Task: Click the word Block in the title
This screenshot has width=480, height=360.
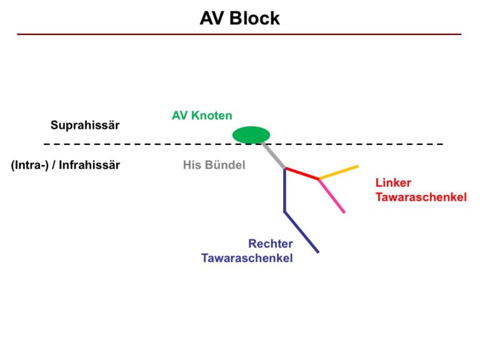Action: [x=254, y=18]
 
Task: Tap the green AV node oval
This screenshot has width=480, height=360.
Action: [x=251, y=135]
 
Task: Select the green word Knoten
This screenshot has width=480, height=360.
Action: [x=211, y=116]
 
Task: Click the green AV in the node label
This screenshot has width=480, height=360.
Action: [x=180, y=116]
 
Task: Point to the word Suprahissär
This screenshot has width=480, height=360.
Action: [x=85, y=125]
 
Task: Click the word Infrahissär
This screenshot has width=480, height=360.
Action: [x=89, y=165]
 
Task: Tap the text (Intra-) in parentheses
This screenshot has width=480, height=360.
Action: [x=30, y=165]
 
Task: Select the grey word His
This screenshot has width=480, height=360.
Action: [x=192, y=165]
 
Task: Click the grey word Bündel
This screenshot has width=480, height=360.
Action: [x=225, y=165]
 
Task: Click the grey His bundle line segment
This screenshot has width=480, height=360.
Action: [x=274, y=156]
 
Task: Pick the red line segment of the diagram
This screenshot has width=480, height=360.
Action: [x=302, y=173]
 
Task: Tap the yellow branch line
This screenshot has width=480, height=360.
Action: [x=339, y=172]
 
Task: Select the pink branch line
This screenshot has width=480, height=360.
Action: [x=332, y=196]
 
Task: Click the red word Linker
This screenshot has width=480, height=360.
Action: [x=393, y=182]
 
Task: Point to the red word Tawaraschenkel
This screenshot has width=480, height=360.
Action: [x=421, y=197]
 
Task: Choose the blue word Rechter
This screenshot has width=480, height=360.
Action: [x=271, y=244]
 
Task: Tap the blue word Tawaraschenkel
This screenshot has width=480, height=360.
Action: [x=247, y=258]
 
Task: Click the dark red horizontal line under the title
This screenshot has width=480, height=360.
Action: [x=239, y=34]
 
